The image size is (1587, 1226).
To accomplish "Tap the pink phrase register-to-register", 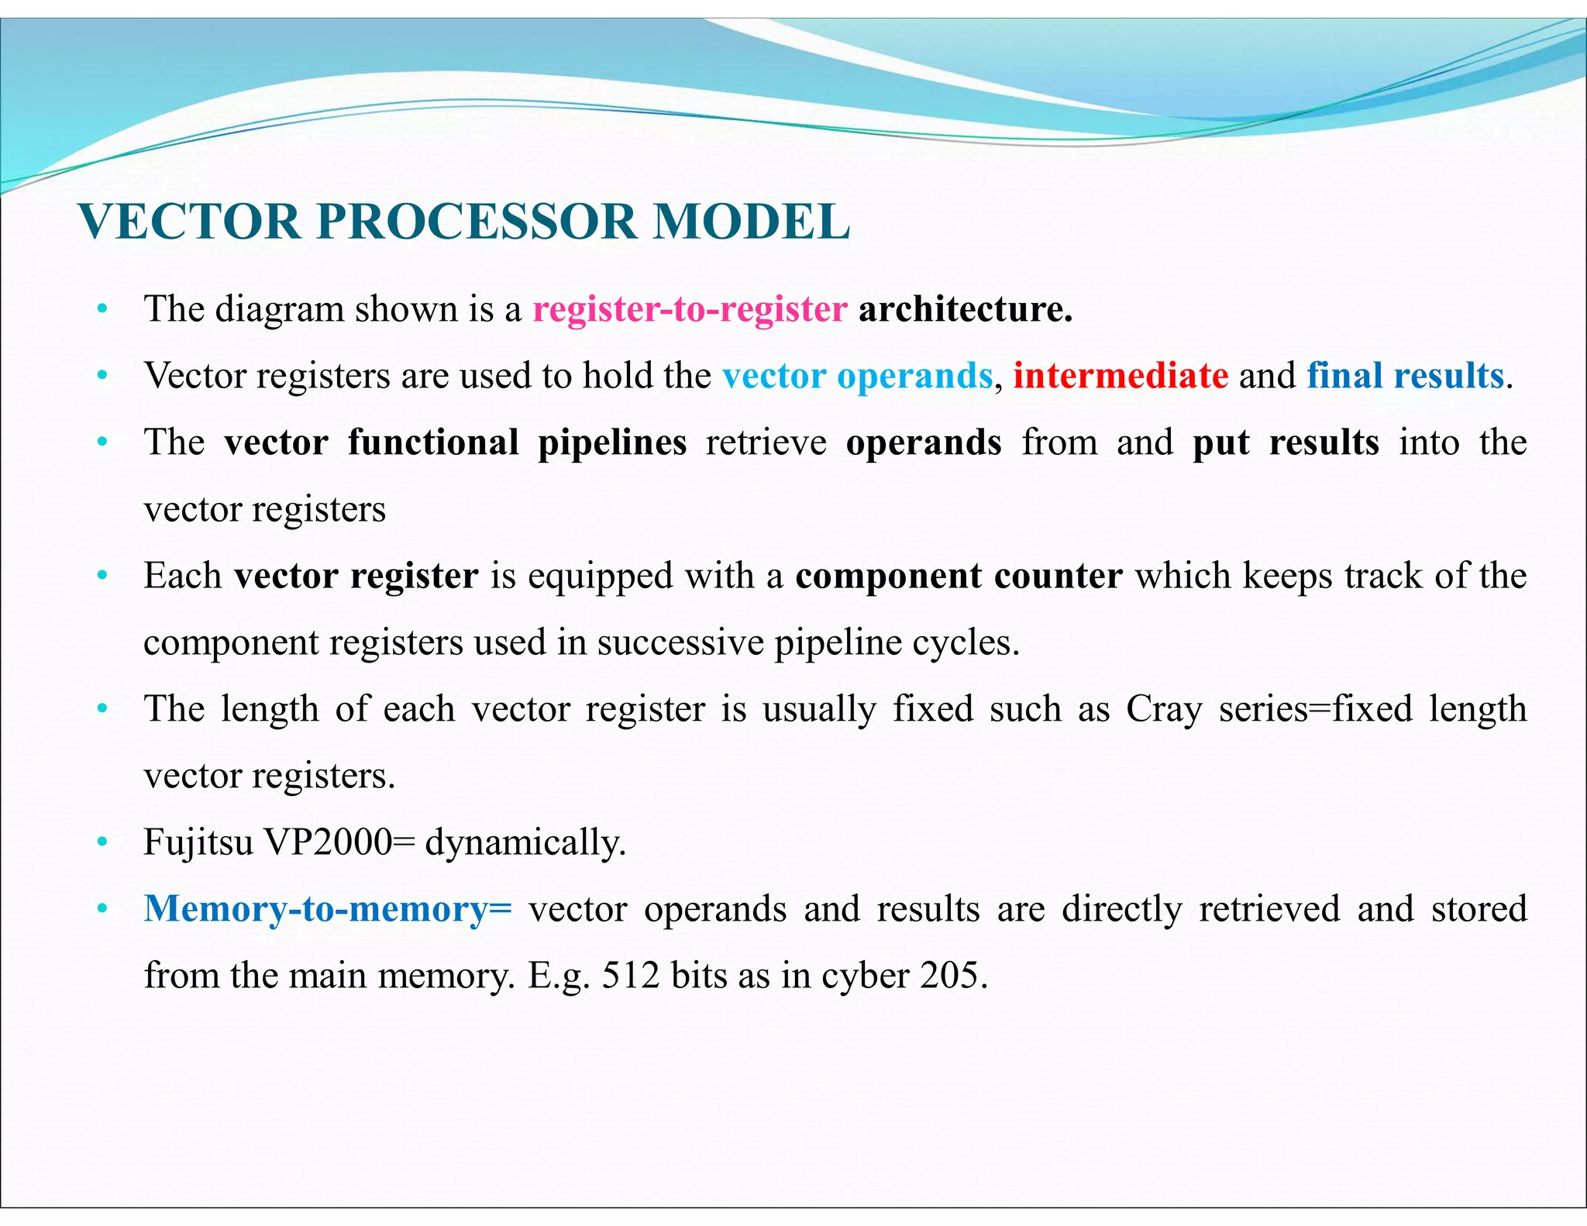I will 690,309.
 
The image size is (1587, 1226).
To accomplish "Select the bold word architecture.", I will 965,309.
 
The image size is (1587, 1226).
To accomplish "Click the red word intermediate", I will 1120,376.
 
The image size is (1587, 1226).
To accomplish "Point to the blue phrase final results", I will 1405,376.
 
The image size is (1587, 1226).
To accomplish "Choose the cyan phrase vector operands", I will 857,376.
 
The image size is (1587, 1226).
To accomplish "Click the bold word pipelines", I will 612,443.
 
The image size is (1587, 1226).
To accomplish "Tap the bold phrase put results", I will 1286,443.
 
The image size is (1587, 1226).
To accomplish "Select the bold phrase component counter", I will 959,576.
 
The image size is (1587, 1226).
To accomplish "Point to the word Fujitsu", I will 198,842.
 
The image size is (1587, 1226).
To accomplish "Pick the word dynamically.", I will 525,842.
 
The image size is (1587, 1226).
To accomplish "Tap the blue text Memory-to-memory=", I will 328,908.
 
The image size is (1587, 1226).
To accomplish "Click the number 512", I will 630,975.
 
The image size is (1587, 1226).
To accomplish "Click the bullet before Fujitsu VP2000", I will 102,842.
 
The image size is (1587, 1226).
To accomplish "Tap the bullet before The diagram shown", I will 102,310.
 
